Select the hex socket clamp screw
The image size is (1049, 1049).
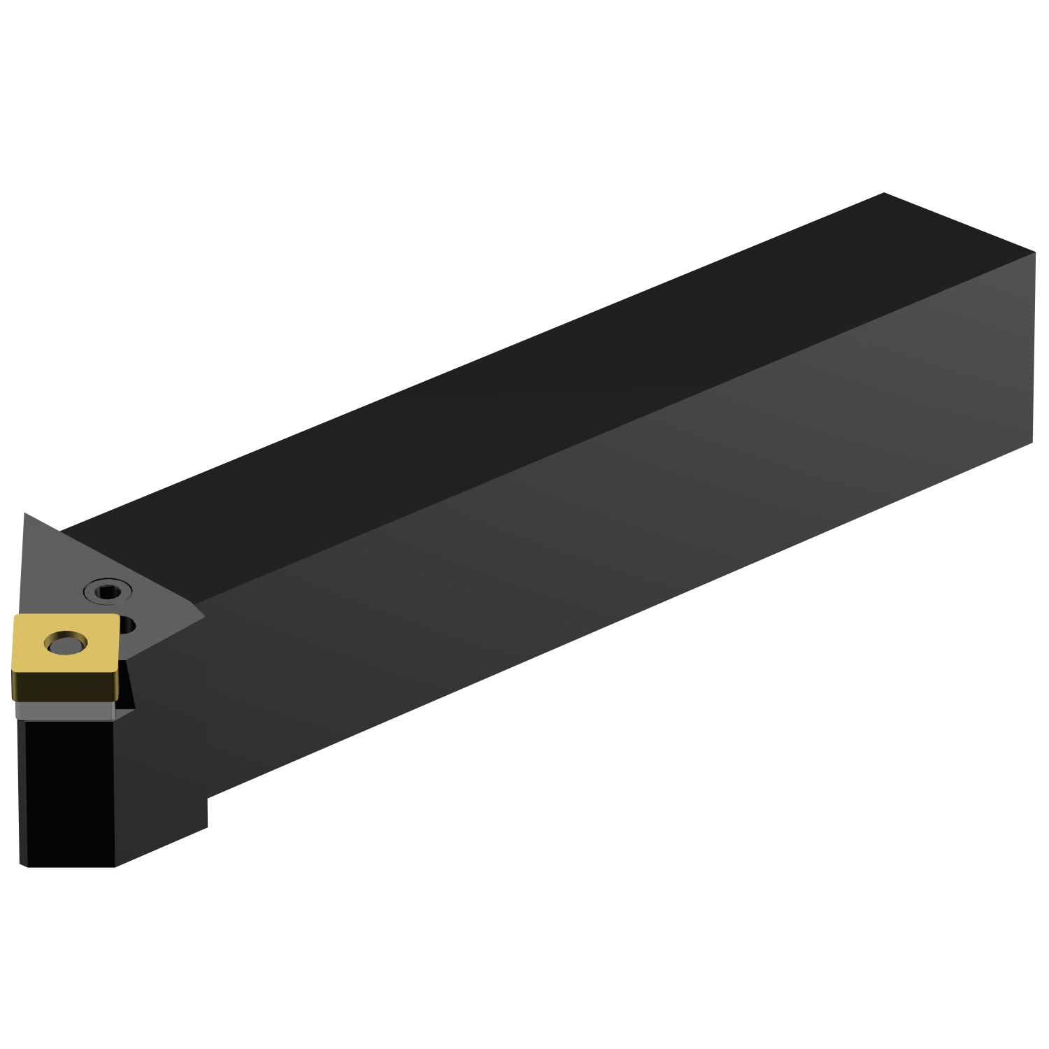(108, 592)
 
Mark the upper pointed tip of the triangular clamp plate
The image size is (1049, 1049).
(25, 515)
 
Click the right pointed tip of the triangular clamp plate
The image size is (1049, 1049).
(204, 617)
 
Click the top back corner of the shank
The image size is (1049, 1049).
(884, 193)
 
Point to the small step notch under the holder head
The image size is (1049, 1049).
(207, 811)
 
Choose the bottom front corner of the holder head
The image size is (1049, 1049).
(114, 866)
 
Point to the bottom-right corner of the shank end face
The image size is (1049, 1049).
(1032, 442)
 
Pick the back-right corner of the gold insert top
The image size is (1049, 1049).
(117, 616)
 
